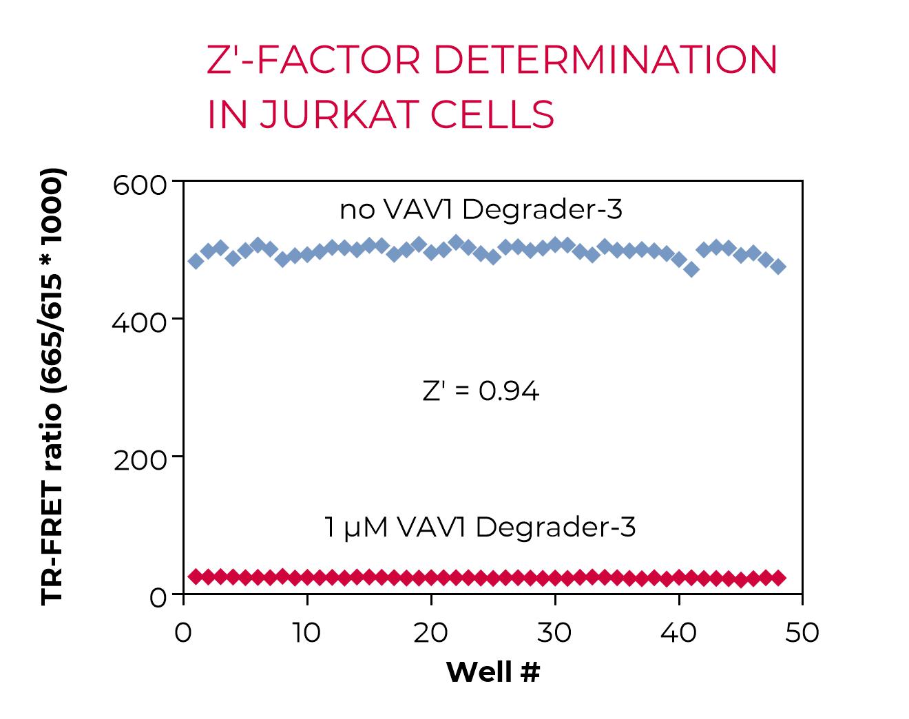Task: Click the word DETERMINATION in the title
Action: [x=605, y=60]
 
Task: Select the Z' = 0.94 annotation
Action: [x=481, y=391]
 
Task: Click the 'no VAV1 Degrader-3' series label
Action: [x=481, y=209]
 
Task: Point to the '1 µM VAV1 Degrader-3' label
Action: [x=480, y=528]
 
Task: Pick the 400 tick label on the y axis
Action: [x=140, y=322]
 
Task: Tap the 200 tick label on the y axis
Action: [x=140, y=459]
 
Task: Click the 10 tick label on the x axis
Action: [x=306, y=632]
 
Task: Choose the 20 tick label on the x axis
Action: [x=430, y=632]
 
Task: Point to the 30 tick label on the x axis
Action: [x=554, y=632]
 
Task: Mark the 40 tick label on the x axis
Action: [x=678, y=632]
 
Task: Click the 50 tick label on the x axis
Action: [x=802, y=632]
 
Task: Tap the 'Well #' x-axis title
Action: [x=493, y=672]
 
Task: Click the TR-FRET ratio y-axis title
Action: [x=52, y=386]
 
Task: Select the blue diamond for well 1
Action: [x=196, y=261]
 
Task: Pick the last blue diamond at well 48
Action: [x=778, y=267]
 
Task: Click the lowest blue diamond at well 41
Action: [x=691, y=269]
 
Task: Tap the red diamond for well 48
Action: [x=778, y=578]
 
